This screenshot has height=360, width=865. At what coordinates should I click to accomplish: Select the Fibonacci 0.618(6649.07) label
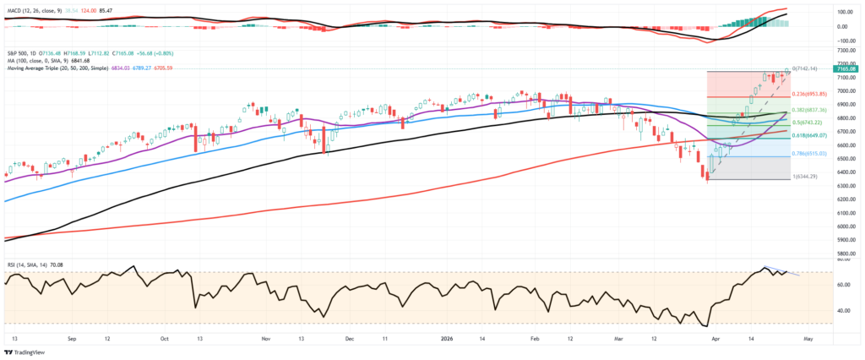point(811,136)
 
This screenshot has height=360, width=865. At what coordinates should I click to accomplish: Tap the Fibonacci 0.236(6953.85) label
point(811,95)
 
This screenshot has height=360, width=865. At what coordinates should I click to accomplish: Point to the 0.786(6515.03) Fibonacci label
point(811,155)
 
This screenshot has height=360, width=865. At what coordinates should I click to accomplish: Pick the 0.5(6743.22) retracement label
point(809,124)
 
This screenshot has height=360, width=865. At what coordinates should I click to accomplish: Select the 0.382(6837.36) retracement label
point(811,111)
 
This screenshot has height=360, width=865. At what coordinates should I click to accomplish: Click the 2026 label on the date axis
point(448,336)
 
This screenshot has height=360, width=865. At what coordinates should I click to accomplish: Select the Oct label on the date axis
point(165,336)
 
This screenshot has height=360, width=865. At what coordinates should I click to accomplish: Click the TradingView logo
point(25,352)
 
